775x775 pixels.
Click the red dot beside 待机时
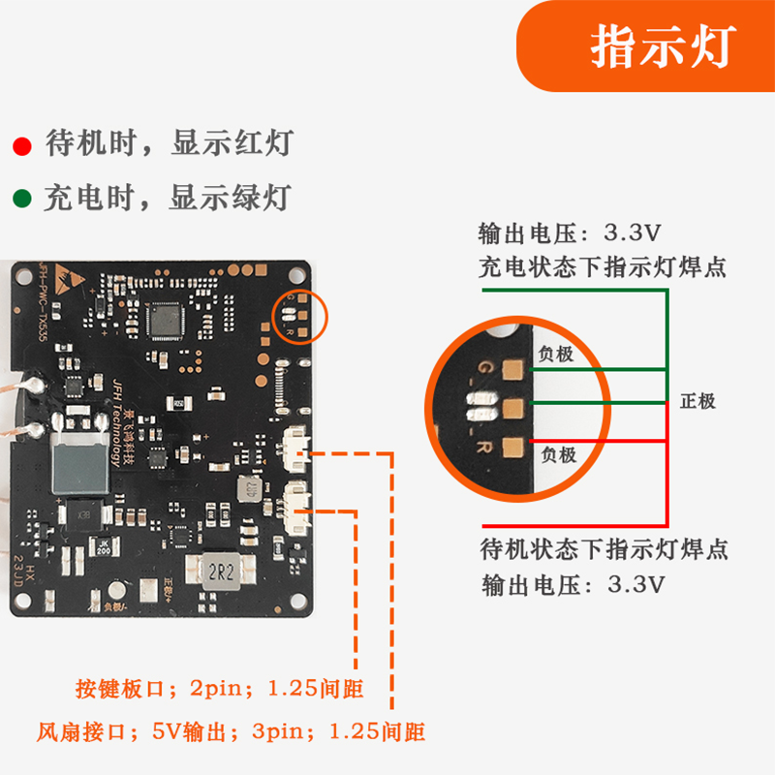20,147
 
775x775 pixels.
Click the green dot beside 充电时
20,201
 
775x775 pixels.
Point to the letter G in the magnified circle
484,368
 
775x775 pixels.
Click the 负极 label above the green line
557,355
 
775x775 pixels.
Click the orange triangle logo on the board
67,277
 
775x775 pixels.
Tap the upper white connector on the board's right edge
295,449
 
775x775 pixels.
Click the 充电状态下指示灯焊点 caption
602,266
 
